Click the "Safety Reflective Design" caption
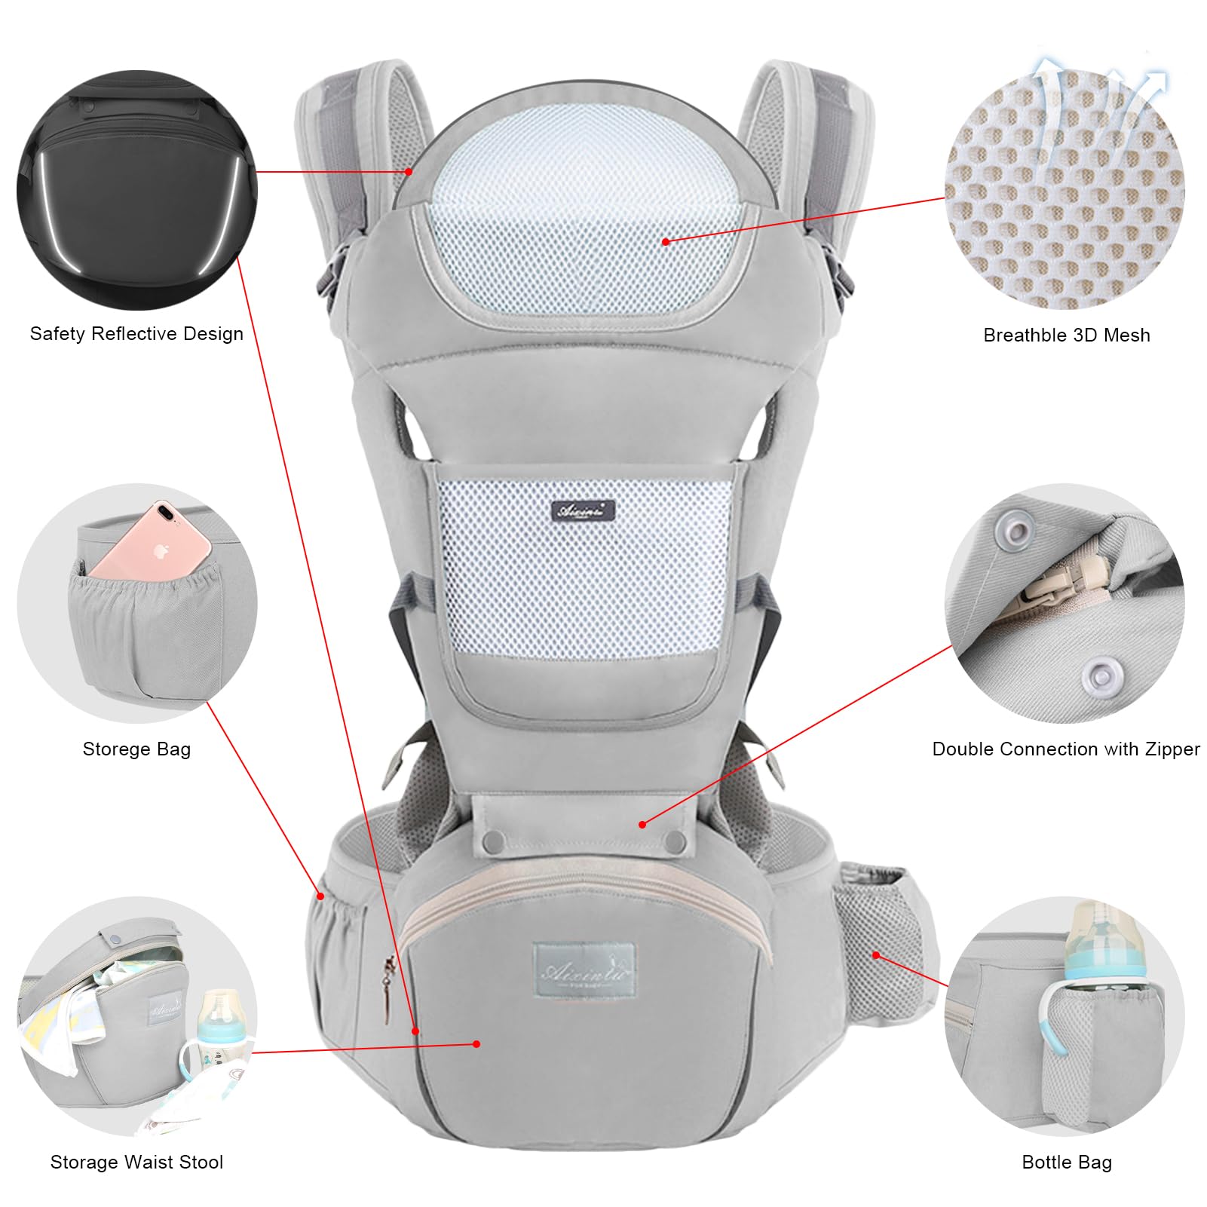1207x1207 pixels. pos(136,334)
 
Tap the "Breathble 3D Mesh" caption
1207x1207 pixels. pos(1066,335)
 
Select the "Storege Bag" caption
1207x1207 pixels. pos(136,749)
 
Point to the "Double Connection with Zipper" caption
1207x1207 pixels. pos(1065,749)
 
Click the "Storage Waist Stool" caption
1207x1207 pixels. pos(136,1163)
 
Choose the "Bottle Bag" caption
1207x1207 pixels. pos(1066,1163)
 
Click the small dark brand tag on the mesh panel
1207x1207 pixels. pos(583,511)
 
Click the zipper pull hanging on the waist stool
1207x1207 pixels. pos(389,988)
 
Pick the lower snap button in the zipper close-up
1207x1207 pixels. pos(1100,675)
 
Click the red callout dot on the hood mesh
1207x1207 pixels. pos(666,242)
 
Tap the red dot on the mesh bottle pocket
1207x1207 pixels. pos(876,955)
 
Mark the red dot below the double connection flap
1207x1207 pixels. pos(642,825)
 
